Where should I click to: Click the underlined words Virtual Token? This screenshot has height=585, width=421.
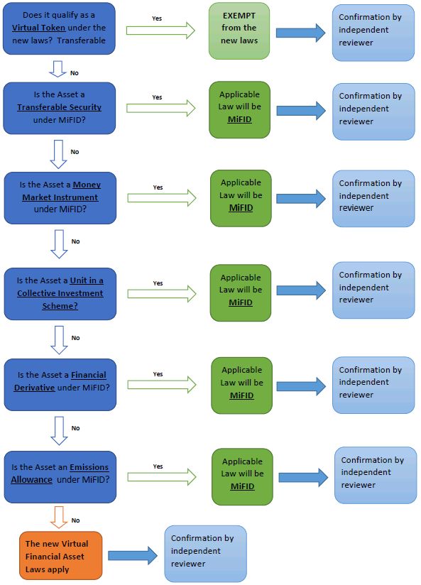(38, 28)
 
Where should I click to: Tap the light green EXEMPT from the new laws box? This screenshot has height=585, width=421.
(239, 31)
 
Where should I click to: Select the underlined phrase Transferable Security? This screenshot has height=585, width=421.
(60, 107)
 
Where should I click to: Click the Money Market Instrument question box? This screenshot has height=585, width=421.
(60, 198)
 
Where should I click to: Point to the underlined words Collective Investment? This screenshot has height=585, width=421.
(60, 293)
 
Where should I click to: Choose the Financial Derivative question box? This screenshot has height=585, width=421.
(60, 385)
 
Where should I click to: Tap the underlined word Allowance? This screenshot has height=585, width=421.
(31, 479)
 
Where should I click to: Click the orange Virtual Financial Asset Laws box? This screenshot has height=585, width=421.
(61, 556)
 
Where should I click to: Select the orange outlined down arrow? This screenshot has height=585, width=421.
(59, 517)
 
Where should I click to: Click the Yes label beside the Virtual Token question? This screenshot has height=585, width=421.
(157, 18)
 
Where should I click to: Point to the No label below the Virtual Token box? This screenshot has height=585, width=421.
(75, 73)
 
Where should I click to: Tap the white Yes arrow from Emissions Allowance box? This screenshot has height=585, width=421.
(162, 477)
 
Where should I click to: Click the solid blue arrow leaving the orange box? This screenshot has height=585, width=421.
(133, 555)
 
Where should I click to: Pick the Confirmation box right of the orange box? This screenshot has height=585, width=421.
(206, 553)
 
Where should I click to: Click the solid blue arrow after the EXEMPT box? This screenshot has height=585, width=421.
(301, 33)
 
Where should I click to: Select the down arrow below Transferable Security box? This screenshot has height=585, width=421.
(59, 154)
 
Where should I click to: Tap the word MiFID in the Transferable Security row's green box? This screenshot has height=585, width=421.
(240, 119)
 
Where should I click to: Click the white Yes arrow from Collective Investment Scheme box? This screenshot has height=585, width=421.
(162, 294)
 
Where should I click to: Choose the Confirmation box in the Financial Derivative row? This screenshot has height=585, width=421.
(373, 385)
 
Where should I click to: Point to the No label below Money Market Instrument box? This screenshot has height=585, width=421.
(76, 241)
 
